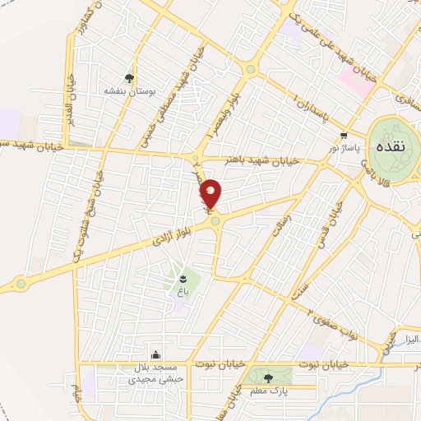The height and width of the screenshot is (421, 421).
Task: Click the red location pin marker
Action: pos(211,194)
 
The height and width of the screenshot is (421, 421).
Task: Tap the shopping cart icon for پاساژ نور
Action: pos(343,136)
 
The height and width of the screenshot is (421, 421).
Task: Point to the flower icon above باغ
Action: pos(181,280)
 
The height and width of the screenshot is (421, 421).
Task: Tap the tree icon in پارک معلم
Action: pos(269,377)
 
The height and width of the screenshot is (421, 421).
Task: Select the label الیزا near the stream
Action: pos(405,339)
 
